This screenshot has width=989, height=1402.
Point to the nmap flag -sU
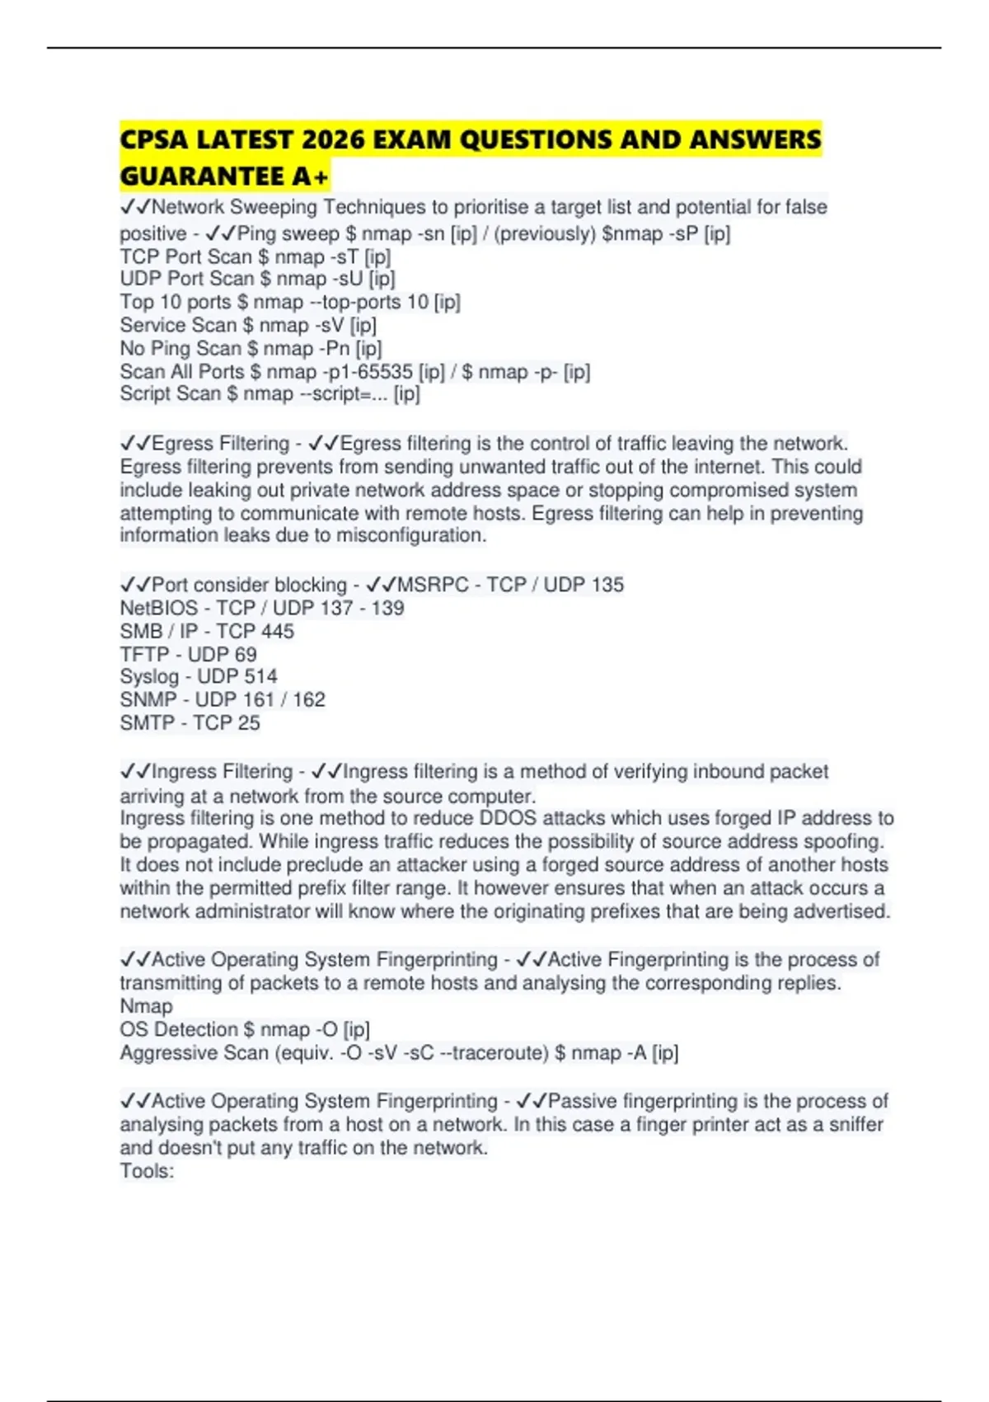pos(348,280)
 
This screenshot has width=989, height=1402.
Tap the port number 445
pos(277,632)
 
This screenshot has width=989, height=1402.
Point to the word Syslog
pos(149,677)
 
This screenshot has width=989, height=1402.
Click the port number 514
pos(260,677)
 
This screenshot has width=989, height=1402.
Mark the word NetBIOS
pos(159,609)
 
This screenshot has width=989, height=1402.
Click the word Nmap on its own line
pos(146,1006)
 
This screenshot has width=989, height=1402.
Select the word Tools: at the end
pos(147,1171)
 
